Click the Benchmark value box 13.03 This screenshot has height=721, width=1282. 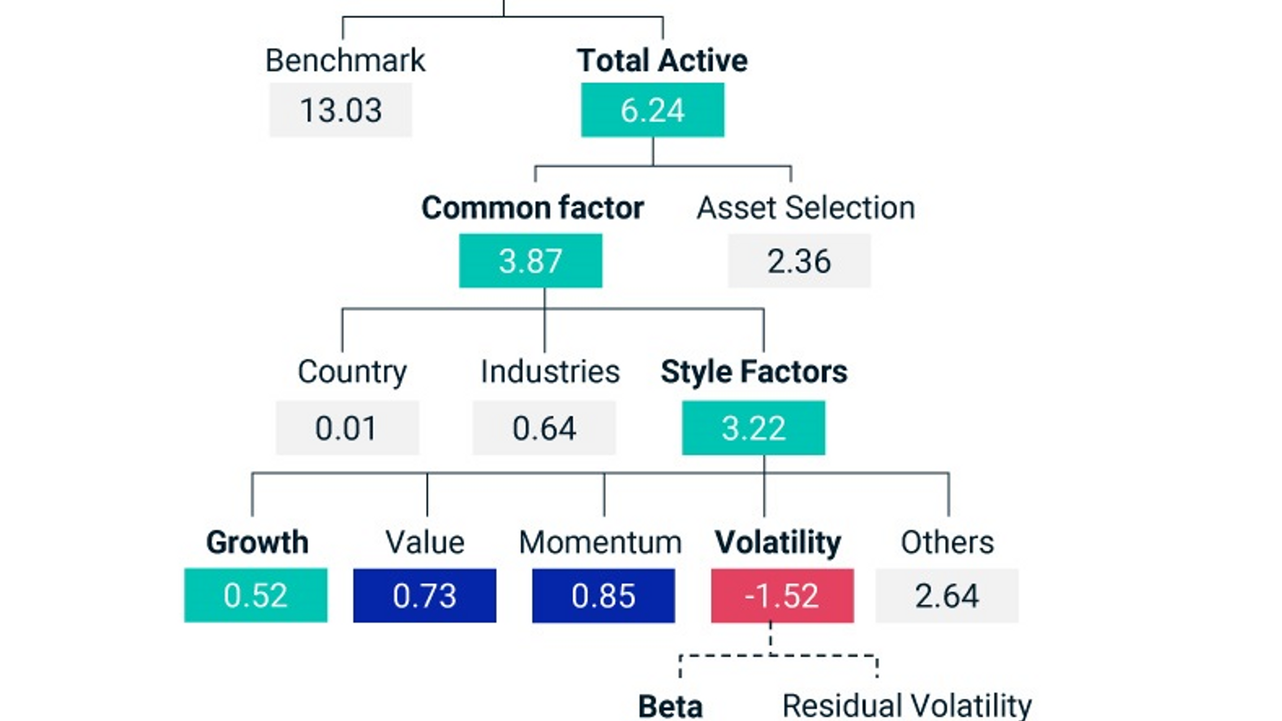pos(341,110)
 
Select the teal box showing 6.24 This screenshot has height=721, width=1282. pos(652,110)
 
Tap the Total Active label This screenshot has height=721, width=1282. pos(662,61)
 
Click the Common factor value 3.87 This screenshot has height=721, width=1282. pos(530,260)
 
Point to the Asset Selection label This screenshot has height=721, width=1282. pos(806,207)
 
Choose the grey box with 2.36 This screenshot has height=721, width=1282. pos(799,260)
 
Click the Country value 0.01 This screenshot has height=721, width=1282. pos(347,428)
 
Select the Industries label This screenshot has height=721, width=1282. pos(550,372)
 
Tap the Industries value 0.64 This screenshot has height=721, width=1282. pos(544,428)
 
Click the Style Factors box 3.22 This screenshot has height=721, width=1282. pos(753,428)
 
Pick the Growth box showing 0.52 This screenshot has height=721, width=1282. pos(255,595)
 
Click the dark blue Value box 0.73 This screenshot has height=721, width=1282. pos(425,595)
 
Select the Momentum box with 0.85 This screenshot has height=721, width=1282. pos(603,595)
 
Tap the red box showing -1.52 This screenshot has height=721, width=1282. pos(782,595)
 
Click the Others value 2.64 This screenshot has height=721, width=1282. pos(946,595)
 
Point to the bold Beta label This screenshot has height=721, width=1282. pos(670,706)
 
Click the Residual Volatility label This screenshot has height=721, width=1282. pos(906,706)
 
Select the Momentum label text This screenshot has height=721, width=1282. pos(600,542)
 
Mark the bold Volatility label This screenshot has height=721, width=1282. pos(778,542)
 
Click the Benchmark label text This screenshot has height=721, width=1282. pos(345,61)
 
